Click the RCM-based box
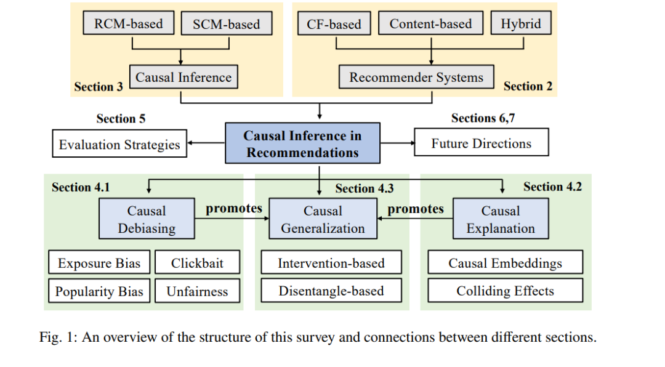click(x=129, y=23)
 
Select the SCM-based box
click(x=227, y=23)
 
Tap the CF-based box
click(x=334, y=23)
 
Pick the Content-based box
click(x=430, y=23)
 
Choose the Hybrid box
click(x=521, y=23)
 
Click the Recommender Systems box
click(x=416, y=77)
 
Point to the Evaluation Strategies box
click(x=119, y=143)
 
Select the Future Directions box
click(x=482, y=143)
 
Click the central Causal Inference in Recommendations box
click(x=302, y=143)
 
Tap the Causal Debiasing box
click(x=147, y=219)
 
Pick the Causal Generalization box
click(x=323, y=219)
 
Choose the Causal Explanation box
click(x=501, y=219)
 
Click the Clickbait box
click(x=197, y=262)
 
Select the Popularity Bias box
click(x=99, y=291)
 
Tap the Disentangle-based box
click(x=331, y=290)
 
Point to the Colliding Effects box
click(x=505, y=290)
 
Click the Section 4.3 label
click(x=365, y=188)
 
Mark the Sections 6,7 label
click(x=483, y=118)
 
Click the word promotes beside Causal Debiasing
click(x=234, y=209)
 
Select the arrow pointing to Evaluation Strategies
click(x=206, y=143)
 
